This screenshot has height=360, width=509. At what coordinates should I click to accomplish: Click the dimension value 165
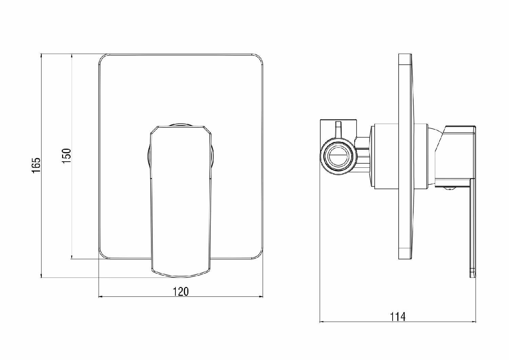point(36,165)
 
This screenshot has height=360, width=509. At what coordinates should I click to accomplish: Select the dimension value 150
point(67,156)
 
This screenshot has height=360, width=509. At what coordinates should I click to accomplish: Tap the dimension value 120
point(181,291)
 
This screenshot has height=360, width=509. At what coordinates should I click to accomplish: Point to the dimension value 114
point(398,317)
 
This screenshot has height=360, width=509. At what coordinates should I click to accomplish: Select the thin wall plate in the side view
point(405,157)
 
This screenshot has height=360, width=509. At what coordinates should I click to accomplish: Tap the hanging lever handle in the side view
point(473,228)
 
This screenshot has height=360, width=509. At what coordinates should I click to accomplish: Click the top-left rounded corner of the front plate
point(102,58)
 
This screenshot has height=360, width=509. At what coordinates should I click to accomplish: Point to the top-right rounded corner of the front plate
point(259,58)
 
